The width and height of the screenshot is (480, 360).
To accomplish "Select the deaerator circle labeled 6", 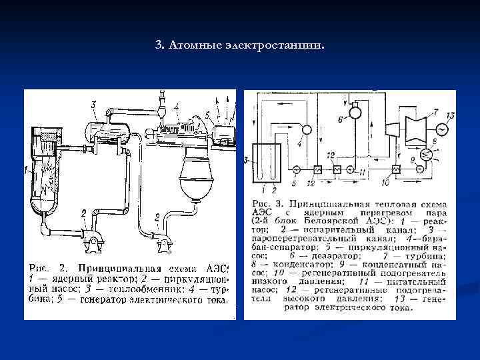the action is coord(354,113).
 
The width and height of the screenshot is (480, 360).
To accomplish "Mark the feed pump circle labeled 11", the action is coord(360,170).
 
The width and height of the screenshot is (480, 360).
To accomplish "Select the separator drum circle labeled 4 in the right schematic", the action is coord(307,129).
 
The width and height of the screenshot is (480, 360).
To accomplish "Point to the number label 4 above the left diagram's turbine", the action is coord(176,105).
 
